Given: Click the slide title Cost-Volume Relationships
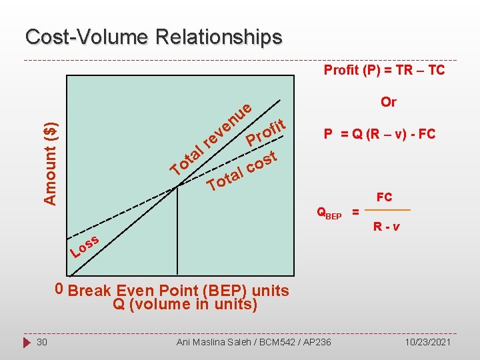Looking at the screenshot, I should click(153, 37).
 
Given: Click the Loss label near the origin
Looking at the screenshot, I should click(85, 247).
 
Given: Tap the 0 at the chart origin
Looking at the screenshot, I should click(59, 289).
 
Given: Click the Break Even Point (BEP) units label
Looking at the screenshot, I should click(179, 291).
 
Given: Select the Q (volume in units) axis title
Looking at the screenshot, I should click(185, 305).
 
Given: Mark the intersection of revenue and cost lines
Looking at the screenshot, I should click(177, 187).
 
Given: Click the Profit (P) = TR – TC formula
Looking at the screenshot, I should click(384, 70).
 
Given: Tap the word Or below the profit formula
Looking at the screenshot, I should click(388, 102).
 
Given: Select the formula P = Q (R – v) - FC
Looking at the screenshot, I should click(379, 134).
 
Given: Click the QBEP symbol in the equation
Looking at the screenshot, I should click(329, 213).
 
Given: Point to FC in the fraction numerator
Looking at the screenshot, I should click(384, 197).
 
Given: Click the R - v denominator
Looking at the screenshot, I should click(387, 226).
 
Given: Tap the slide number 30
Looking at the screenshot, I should click(41, 342).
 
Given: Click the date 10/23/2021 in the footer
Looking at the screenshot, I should click(428, 342).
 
